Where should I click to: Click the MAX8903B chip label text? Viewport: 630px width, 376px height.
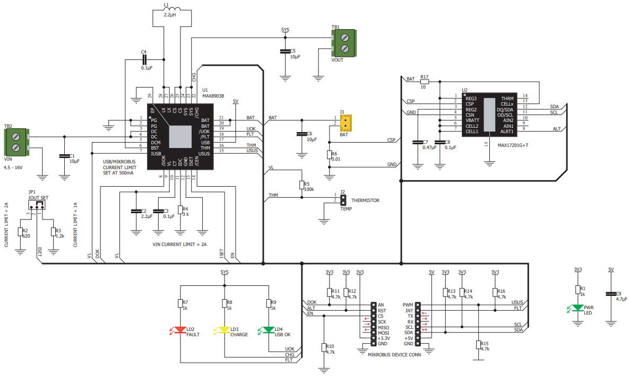pyautogui.click(x=213, y=96)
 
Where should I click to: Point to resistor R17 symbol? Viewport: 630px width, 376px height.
pyautogui.click(x=424, y=81)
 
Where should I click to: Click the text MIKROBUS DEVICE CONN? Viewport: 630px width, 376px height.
pyautogui.click(x=394, y=355)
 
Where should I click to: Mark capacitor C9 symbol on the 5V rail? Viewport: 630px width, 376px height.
pyautogui.click(x=610, y=293)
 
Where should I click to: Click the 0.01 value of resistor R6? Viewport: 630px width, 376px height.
pyautogui.click(x=335, y=159)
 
